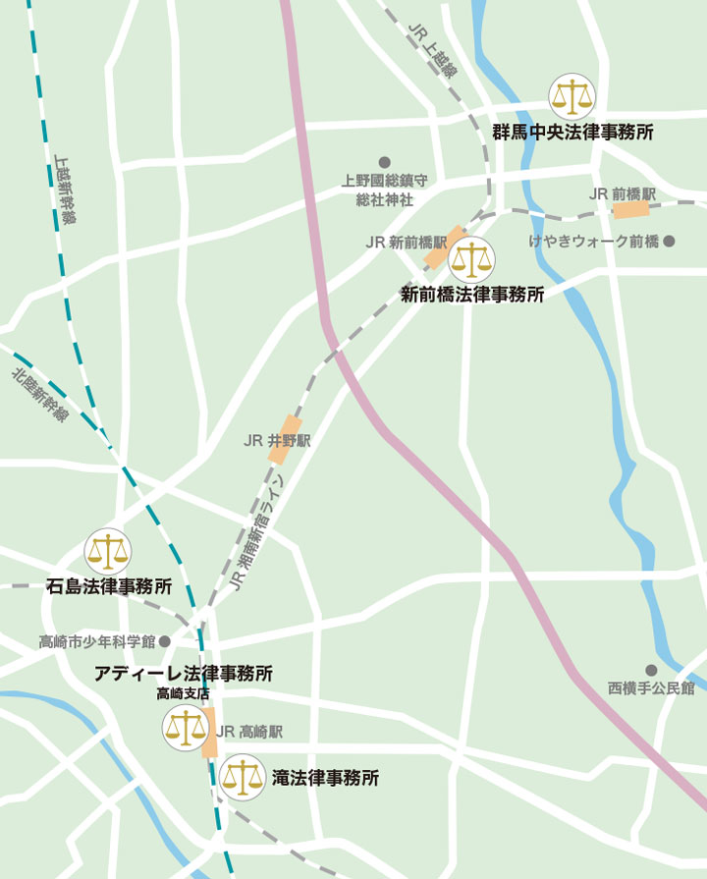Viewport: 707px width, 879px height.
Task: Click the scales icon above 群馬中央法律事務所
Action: tap(572, 96)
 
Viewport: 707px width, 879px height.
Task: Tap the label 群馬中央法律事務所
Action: tap(573, 132)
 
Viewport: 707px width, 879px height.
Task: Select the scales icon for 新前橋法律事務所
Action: tap(472, 260)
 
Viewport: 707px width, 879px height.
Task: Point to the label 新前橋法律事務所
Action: tap(472, 294)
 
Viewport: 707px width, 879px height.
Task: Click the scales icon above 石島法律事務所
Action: tap(108, 552)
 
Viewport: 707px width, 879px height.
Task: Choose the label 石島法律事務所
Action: tap(109, 586)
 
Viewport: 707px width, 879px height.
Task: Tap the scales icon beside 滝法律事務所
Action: tap(242, 778)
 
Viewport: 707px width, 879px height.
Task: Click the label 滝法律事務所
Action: tap(325, 778)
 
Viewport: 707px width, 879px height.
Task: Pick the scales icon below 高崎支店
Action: tap(185, 728)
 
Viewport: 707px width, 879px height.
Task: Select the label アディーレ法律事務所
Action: tap(184, 674)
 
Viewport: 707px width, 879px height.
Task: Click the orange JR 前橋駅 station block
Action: tap(629, 209)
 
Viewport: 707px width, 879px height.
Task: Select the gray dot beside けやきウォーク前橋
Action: tap(669, 241)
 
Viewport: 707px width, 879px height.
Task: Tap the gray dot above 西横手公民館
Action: tap(650, 670)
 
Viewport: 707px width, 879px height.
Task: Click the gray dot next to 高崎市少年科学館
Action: tap(165, 641)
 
